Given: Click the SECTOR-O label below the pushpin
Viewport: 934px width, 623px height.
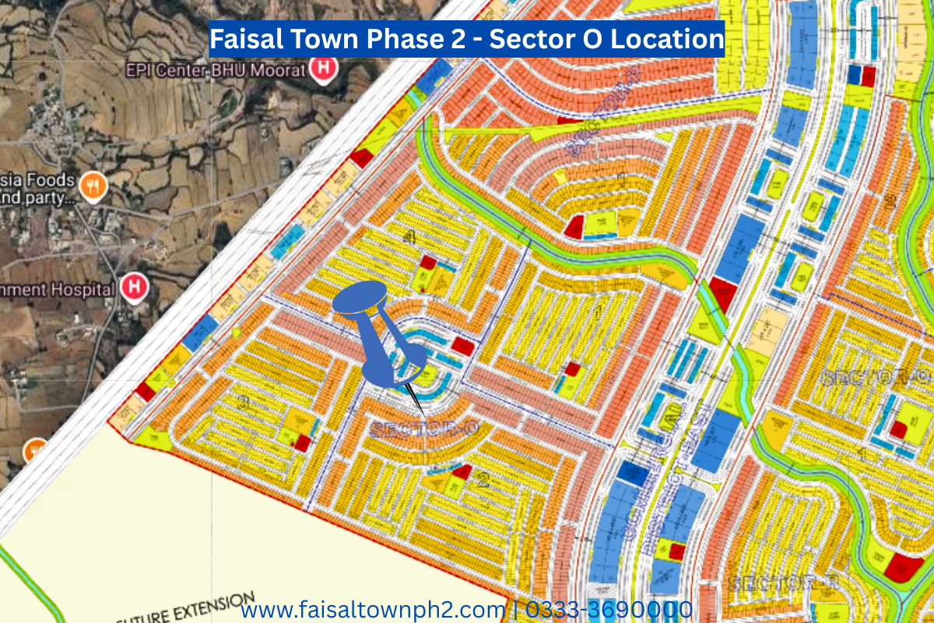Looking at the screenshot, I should (423, 428).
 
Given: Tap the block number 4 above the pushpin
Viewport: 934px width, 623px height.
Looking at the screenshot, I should (409, 238).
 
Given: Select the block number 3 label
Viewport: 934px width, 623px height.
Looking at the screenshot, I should (244, 403).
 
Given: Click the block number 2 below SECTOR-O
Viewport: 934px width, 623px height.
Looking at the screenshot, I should (483, 480).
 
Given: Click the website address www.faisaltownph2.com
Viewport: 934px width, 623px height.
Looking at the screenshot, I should (373, 608).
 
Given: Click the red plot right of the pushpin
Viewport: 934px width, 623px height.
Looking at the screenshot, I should (462, 347).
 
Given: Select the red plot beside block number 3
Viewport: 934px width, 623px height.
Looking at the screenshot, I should (303, 443).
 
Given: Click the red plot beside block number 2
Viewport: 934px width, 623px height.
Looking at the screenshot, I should (462, 471).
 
